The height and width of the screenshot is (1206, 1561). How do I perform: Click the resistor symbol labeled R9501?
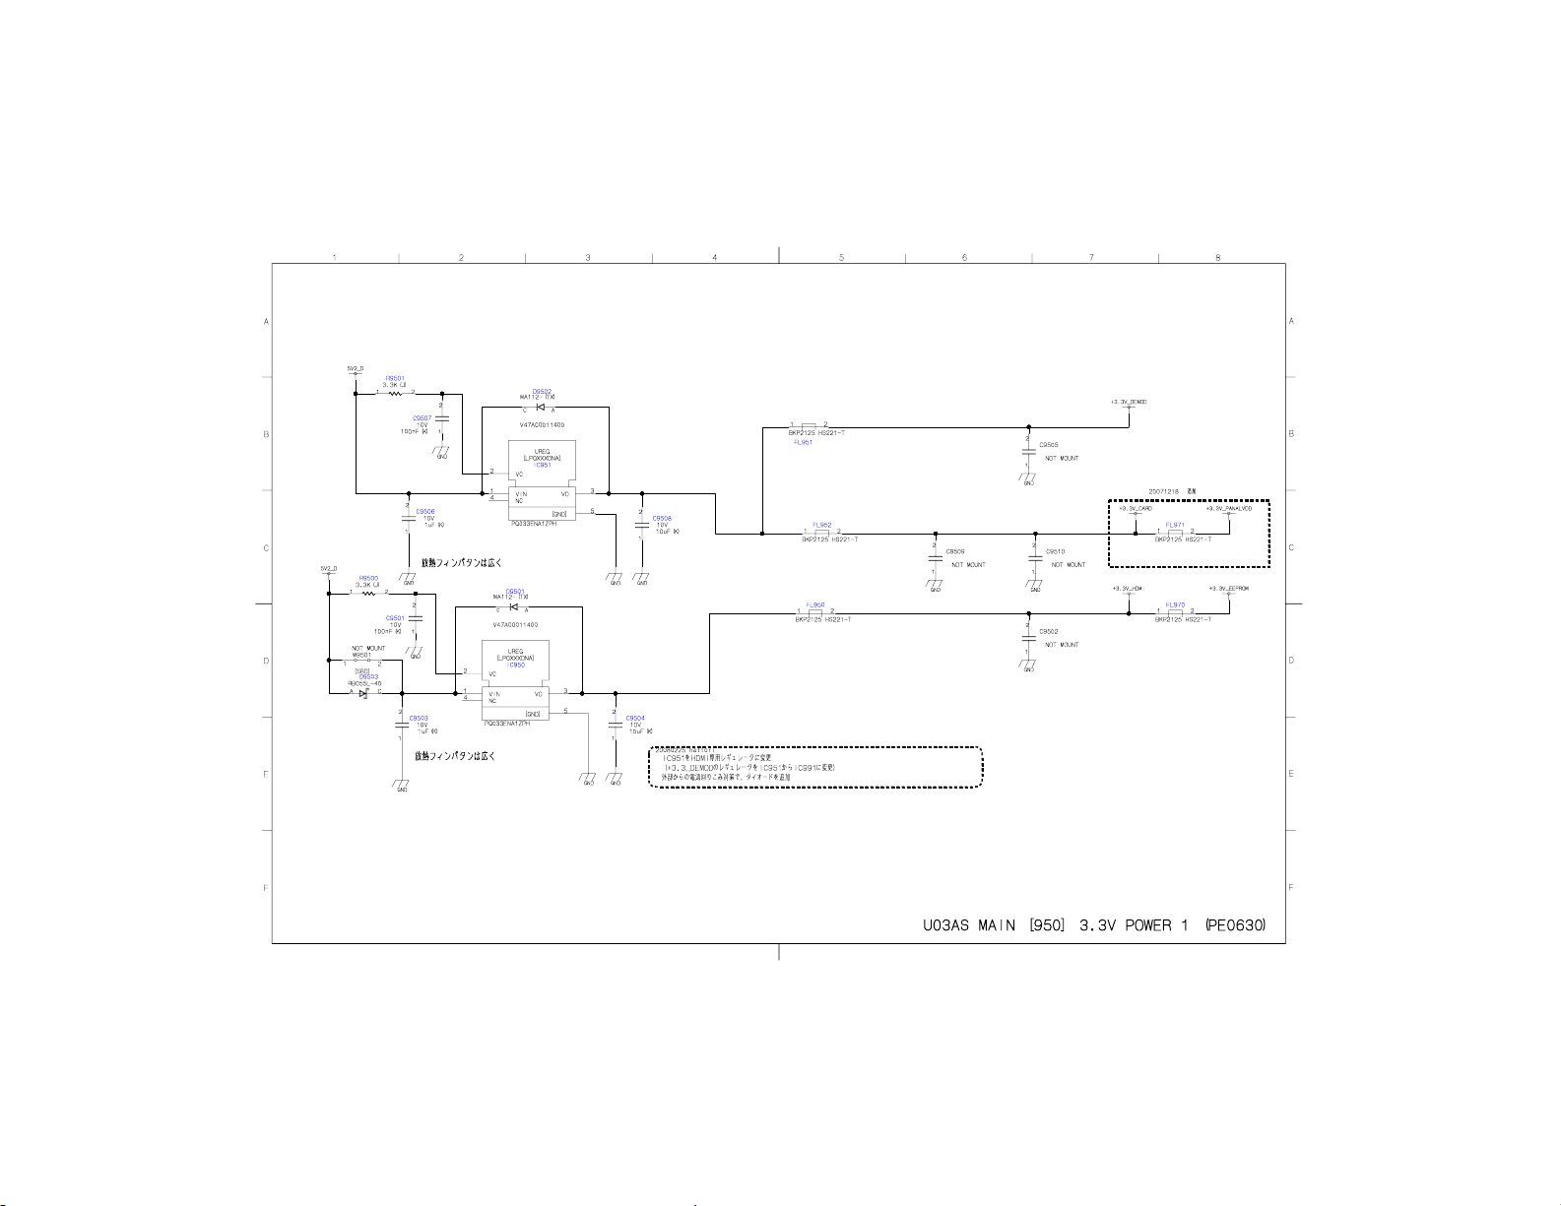click(395, 393)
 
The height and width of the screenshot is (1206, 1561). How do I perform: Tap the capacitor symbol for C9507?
click(441, 418)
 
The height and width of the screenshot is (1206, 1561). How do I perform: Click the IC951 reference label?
click(542, 465)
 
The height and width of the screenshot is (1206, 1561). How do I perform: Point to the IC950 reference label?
click(515, 665)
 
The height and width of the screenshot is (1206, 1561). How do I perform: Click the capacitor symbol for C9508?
click(641, 524)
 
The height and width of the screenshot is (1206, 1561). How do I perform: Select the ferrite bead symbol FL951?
click(808, 427)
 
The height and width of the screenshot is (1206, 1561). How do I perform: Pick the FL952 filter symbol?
click(821, 534)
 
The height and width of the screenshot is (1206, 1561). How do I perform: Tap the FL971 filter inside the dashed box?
click(1174, 533)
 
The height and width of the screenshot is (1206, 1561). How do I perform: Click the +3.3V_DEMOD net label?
click(1129, 402)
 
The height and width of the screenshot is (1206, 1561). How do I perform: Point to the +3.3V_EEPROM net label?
click(1228, 589)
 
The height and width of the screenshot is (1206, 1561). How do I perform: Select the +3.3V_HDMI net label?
click(1128, 589)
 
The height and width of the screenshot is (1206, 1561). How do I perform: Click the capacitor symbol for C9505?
click(1028, 452)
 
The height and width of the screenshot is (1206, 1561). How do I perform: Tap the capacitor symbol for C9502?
click(1028, 638)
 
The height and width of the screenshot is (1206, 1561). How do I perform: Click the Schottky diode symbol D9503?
click(363, 693)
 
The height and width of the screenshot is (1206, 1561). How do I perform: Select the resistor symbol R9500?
click(367, 593)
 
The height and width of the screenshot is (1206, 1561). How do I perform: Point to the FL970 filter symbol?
click(1174, 613)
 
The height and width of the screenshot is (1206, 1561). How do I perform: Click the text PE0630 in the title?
click(1235, 925)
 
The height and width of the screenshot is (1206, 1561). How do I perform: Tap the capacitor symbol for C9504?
click(615, 725)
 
